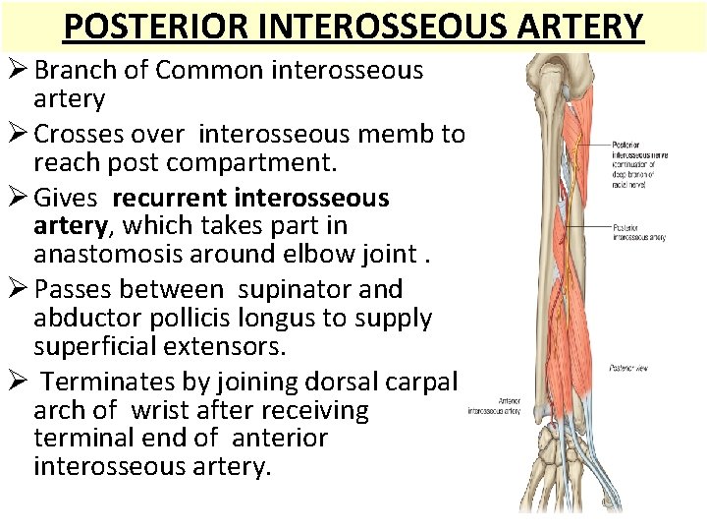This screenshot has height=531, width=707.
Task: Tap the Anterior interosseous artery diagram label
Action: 495,405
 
